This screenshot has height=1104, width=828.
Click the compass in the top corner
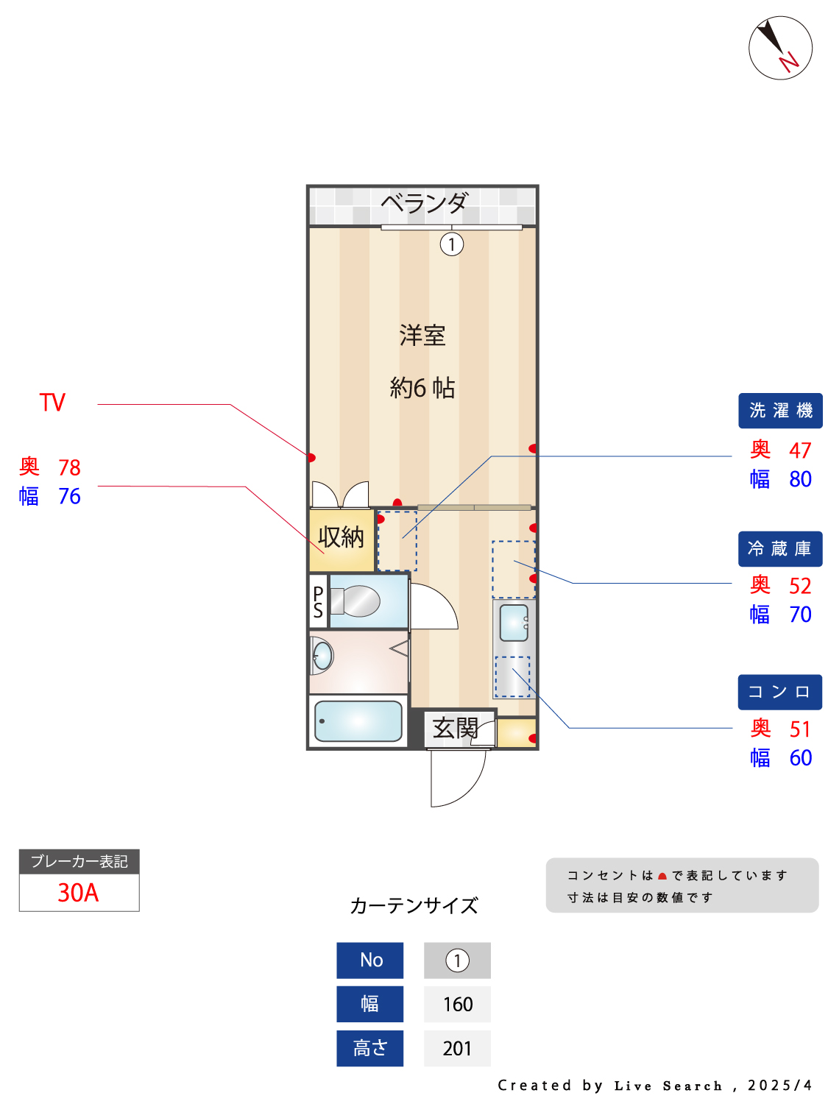(x=779, y=48)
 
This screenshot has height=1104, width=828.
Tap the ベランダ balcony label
(x=424, y=202)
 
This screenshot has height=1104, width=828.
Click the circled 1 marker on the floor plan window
(x=451, y=244)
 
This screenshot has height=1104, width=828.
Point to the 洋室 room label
(x=422, y=335)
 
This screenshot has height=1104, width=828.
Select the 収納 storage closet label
(x=340, y=537)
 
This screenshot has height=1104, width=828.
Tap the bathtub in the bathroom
(x=358, y=721)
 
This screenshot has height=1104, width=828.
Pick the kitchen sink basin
(x=513, y=623)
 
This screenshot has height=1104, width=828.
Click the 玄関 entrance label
(x=455, y=728)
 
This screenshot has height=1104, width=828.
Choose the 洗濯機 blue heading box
(x=779, y=411)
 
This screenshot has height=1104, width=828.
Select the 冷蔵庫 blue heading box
(x=779, y=548)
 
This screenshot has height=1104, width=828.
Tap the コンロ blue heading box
(x=779, y=692)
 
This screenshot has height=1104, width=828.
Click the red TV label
(x=52, y=403)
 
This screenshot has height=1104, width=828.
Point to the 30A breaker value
(x=79, y=893)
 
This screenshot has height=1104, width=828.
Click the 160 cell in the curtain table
(x=457, y=1004)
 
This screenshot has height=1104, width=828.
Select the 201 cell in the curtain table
(x=457, y=1048)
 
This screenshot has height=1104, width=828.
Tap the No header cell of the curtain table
(x=369, y=960)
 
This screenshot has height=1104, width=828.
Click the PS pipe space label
(x=318, y=601)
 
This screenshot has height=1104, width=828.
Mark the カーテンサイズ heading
(x=414, y=906)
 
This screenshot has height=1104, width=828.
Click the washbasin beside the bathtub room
(x=322, y=656)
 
